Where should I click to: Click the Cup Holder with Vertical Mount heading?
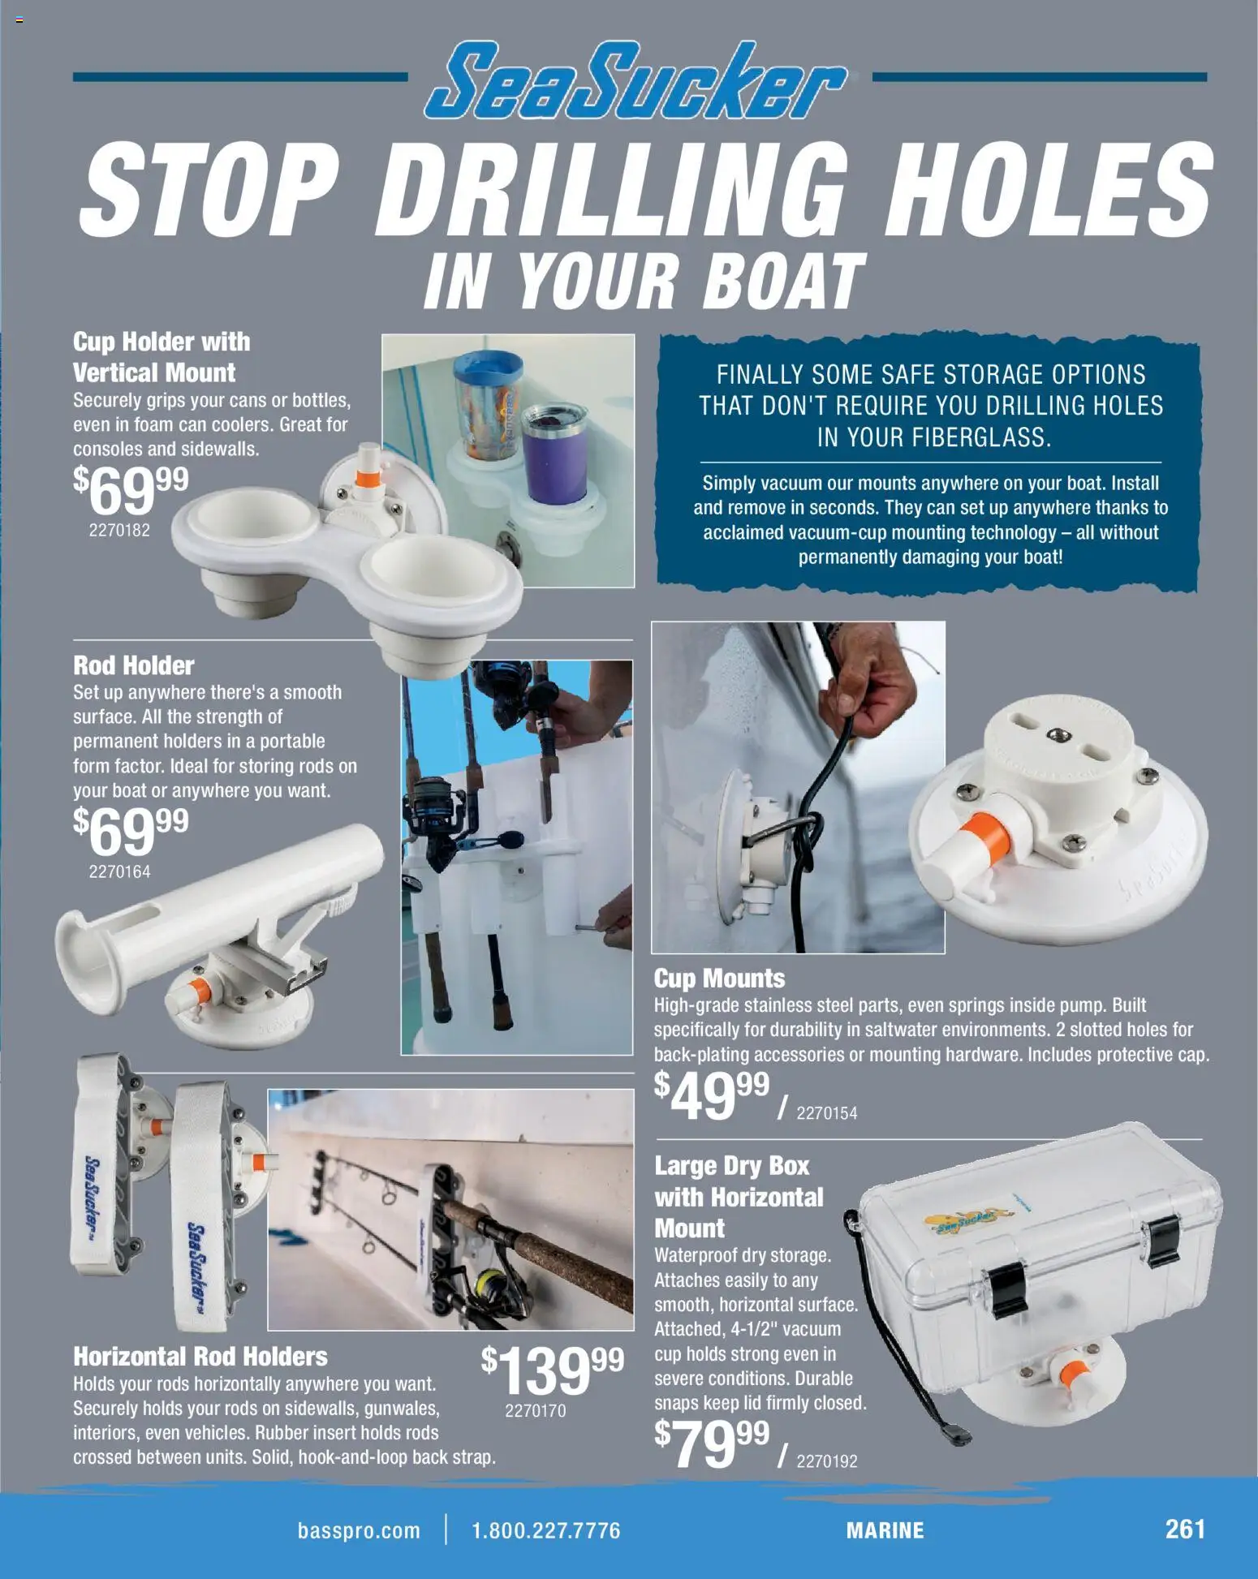[x=161, y=357]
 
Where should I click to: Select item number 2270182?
[x=119, y=530]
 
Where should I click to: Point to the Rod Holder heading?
[x=134, y=665]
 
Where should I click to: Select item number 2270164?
[x=119, y=871]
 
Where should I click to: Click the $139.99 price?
[x=552, y=1370]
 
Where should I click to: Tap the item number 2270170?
[x=535, y=1411]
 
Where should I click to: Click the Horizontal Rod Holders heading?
[x=200, y=1357]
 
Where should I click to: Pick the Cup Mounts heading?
[x=719, y=978]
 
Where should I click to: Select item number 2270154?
[x=826, y=1113]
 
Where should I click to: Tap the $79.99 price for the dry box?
[x=711, y=1444]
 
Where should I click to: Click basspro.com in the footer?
[x=359, y=1531]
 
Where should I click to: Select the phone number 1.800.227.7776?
[x=545, y=1531]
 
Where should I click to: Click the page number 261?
[x=1185, y=1529]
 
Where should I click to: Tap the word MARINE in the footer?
[x=885, y=1531]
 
